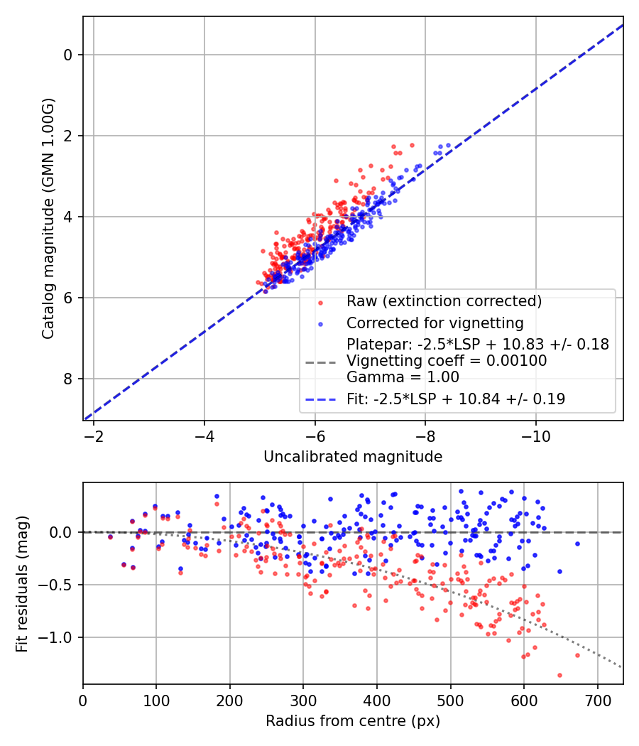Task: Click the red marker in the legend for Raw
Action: [320, 302]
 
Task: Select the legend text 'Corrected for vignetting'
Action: [435, 323]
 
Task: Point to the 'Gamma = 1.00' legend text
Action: [403, 377]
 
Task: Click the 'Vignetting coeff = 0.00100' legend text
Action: [447, 361]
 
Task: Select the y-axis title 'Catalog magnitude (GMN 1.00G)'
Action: [48, 218]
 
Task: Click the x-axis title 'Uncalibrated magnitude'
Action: [353, 457]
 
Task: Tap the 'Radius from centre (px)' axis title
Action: [353, 721]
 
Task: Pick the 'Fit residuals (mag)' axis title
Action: [22, 584]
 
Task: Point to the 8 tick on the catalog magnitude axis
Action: [67, 379]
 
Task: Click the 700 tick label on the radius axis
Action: [597, 701]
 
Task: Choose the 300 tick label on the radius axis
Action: [303, 701]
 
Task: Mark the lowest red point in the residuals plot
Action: [559, 675]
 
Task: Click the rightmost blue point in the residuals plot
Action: [578, 544]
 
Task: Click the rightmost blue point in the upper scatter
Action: [448, 145]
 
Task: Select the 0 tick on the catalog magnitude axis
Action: [67, 55]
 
